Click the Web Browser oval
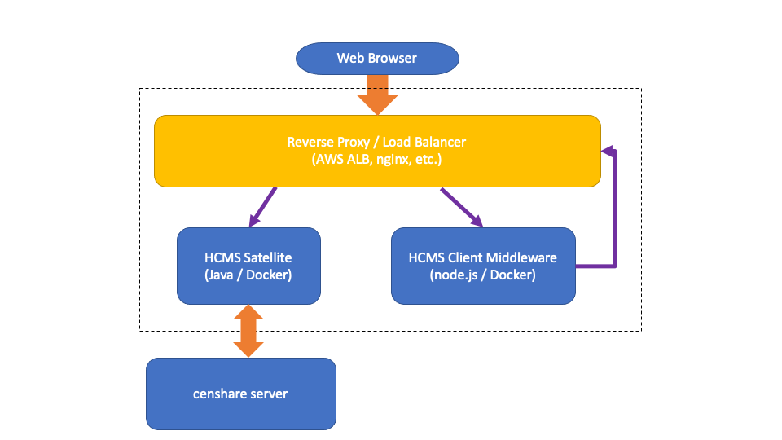377,58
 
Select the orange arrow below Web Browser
377,93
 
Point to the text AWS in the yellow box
329,160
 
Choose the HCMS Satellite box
248,265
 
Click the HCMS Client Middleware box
483,265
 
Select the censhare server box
240,394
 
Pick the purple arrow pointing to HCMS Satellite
263,207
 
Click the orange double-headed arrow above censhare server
248,331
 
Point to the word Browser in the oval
393,58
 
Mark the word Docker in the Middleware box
514,275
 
